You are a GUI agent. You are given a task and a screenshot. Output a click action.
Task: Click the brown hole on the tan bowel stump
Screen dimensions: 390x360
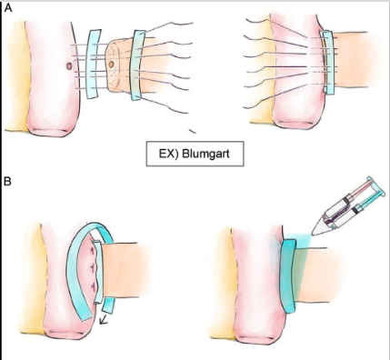point(112,66)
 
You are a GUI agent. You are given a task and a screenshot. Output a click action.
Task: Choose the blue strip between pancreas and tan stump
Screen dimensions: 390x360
point(94,64)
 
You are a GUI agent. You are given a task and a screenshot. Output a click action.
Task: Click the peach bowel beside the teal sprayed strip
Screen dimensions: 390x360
point(341,273)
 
